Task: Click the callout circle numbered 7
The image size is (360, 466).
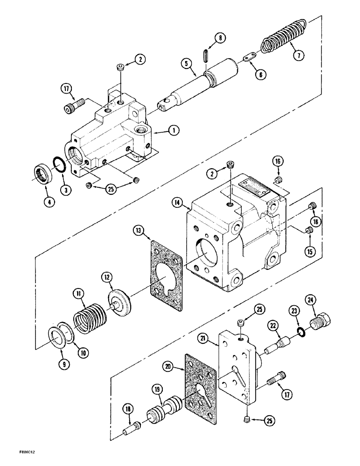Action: click(298, 55)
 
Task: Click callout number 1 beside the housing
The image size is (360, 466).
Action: click(173, 131)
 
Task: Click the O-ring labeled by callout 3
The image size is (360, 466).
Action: click(58, 164)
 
